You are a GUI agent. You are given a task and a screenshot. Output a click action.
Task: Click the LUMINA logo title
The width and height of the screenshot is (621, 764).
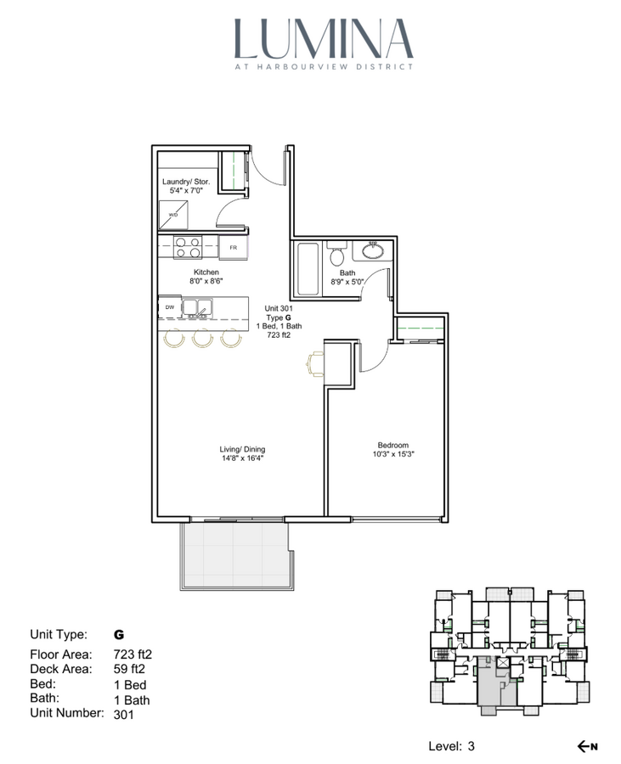[324, 39]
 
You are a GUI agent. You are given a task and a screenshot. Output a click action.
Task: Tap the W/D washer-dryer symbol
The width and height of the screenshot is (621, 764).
[173, 215]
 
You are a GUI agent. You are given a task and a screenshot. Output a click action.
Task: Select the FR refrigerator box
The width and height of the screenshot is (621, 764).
[234, 248]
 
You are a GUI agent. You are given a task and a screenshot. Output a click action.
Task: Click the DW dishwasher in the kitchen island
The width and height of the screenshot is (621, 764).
[170, 307]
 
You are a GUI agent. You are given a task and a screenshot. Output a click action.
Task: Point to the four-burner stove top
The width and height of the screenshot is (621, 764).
[188, 247]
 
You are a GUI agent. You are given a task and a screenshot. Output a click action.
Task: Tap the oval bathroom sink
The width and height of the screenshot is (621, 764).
[373, 251]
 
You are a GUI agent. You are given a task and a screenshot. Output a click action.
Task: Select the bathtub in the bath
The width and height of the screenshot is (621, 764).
[308, 268]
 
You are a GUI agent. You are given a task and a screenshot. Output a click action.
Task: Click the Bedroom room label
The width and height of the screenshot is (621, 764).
[392, 445]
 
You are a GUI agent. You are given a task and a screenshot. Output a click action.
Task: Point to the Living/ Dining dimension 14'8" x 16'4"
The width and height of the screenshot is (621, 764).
[242, 458]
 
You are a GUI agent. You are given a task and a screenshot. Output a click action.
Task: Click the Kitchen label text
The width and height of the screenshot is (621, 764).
[206, 272]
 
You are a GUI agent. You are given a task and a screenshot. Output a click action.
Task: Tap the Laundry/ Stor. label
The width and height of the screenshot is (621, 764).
[186, 182]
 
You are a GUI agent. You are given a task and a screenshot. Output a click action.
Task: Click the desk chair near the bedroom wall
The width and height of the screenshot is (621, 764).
[314, 363]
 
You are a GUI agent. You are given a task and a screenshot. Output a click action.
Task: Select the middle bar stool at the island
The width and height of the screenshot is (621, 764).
[202, 339]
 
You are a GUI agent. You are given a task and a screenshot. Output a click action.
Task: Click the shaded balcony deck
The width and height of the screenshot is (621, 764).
[237, 556]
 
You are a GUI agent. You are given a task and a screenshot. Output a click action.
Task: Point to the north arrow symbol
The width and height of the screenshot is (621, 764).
[587, 746]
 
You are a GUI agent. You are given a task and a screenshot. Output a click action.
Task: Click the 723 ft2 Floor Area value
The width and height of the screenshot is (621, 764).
[133, 654]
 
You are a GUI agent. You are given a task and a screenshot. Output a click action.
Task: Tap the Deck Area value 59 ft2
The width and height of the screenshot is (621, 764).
[129, 669]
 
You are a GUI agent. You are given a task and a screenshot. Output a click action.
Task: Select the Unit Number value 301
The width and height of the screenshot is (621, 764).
[123, 714]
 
